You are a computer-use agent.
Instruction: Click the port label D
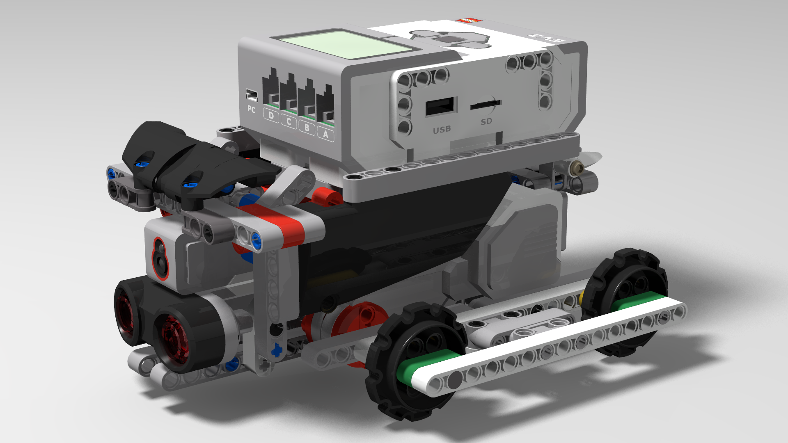pyautogui.click(x=271, y=116)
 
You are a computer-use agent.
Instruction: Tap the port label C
pyautogui.click(x=289, y=122)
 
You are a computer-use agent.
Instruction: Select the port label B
pyautogui.click(x=307, y=128)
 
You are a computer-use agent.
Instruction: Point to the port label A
pyautogui.click(x=326, y=134)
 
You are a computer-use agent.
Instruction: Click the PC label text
pyautogui.click(x=251, y=110)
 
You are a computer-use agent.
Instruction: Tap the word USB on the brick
pyautogui.click(x=442, y=130)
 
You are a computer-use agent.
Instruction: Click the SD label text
pyautogui.click(x=486, y=121)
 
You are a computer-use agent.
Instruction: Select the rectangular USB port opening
pyautogui.click(x=440, y=107)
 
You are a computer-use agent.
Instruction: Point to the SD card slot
pyautogui.click(x=485, y=105)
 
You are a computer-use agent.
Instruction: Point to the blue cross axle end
pyautogui.click(x=277, y=350)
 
